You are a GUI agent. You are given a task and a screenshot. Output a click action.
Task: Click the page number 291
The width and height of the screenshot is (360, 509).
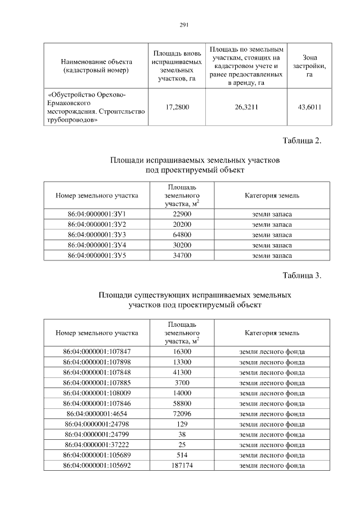pos(183,25)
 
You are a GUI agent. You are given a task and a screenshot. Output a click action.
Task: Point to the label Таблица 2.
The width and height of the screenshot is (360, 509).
pos(302,141)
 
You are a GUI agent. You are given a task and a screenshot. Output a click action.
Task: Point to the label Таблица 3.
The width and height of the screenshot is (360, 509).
pos(302,276)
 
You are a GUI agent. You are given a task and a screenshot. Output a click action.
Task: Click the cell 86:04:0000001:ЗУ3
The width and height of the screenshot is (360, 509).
pos(97,235)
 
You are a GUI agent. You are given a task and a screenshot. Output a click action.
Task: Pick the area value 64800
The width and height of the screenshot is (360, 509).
pos(182,235)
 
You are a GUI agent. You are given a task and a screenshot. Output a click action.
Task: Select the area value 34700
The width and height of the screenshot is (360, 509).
pos(182,255)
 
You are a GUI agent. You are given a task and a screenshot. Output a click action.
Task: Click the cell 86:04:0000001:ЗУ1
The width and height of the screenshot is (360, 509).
pos(97,214)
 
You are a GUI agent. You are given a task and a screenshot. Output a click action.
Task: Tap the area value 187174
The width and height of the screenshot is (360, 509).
pos(182,465)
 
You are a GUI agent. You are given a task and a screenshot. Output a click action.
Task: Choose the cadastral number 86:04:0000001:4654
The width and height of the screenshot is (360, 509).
pos(97,413)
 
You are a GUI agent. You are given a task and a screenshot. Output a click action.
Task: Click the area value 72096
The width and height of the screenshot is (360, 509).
pos(182,413)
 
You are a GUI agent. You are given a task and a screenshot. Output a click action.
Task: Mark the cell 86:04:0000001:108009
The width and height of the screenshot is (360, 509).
pos(97,393)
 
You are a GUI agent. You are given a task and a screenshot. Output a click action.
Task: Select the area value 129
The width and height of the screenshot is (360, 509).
pos(182,424)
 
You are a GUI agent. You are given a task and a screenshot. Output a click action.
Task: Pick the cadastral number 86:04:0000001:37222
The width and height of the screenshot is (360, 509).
pos(97,444)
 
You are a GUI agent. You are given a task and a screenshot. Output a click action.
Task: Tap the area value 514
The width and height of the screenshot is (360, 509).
pos(182,454)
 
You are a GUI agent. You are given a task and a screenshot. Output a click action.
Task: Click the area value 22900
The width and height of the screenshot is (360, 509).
pos(182,214)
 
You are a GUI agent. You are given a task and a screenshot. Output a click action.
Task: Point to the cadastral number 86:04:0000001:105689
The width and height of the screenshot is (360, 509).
pos(97,454)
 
